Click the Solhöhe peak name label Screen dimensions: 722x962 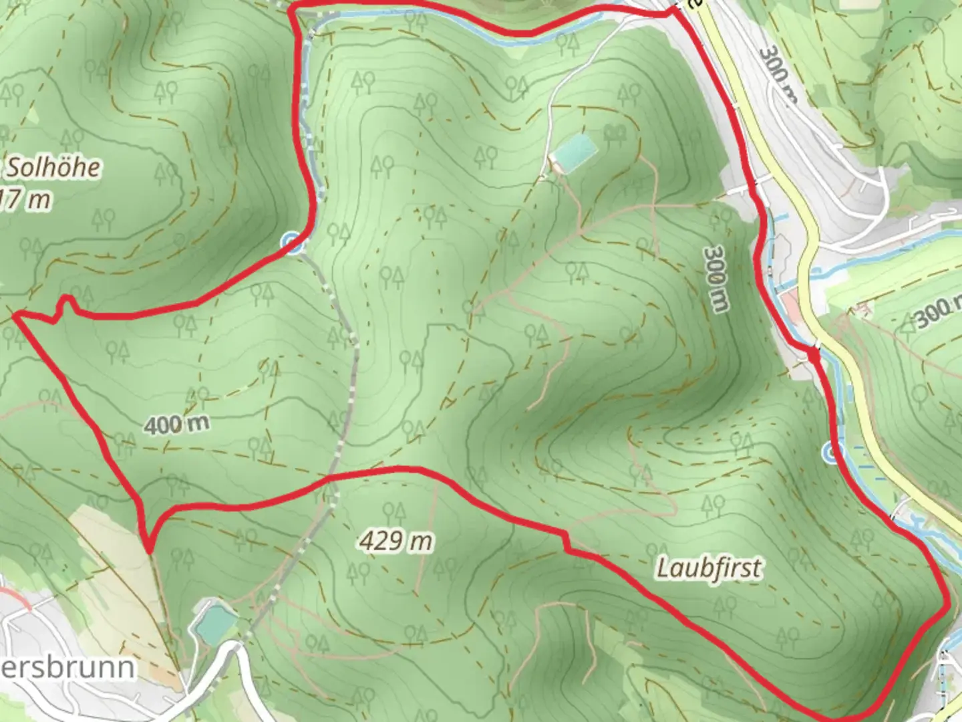[x=53, y=168]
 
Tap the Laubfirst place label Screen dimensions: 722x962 [x=709, y=568]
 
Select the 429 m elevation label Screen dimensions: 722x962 [x=396, y=540]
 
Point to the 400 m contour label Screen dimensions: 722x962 [x=176, y=424]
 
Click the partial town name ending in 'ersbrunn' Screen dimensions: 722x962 [x=67, y=667]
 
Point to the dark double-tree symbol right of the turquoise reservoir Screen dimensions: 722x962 [x=614, y=133]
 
